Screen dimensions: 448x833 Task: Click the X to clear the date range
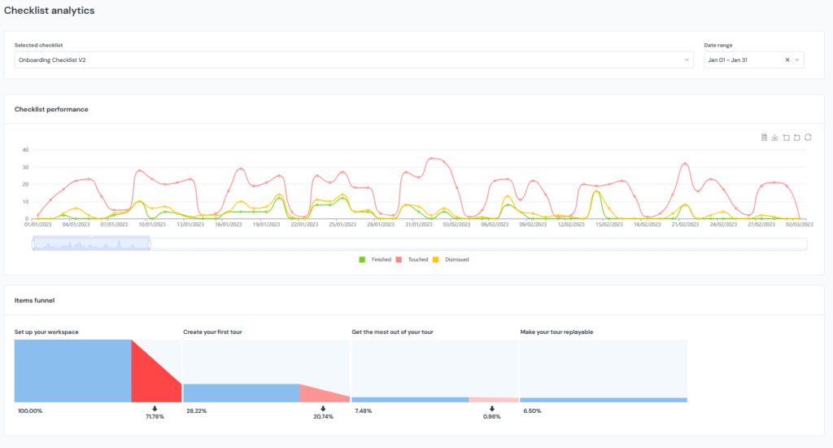click(787, 59)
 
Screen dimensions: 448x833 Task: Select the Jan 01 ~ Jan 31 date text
click(729, 59)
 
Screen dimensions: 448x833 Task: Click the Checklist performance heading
click(51, 109)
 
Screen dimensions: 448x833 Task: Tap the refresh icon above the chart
click(808, 138)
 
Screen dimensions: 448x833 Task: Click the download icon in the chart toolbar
click(775, 138)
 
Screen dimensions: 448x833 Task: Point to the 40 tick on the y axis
click(25, 150)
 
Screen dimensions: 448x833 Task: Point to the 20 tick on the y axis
click(25, 184)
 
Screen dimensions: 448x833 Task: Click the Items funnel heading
click(34, 300)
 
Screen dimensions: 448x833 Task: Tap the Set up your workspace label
click(46, 332)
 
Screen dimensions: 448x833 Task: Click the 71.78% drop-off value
click(155, 416)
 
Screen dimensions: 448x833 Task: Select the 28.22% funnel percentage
click(196, 411)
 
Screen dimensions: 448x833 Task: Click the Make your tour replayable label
click(561, 332)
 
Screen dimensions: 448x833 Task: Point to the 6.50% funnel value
click(530, 411)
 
